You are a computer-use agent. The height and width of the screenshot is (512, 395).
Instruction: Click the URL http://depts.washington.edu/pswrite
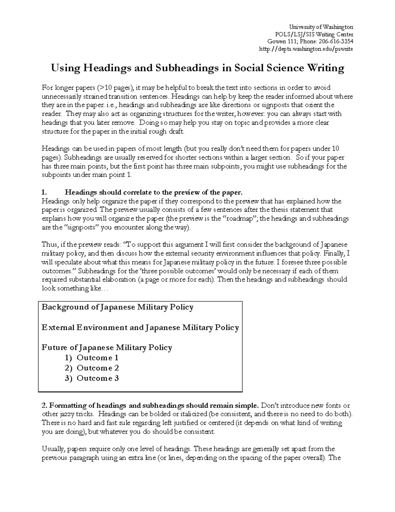[x=306, y=49]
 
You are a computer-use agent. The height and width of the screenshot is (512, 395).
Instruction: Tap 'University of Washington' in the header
[x=321, y=27]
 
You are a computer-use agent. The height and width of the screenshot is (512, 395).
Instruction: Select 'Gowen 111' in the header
[x=279, y=42]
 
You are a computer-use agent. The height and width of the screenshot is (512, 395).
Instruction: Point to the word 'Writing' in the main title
[x=326, y=69]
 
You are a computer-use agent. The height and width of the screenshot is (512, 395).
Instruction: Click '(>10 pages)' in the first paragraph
[x=116, y=88]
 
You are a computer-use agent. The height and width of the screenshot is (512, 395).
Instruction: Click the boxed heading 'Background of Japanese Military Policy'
[x=118, y=307]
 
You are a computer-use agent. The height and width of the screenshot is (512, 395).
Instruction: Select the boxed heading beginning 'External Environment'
[x=140, y=328]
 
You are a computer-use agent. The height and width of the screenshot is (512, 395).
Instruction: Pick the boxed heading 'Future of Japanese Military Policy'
[x=107, y=347]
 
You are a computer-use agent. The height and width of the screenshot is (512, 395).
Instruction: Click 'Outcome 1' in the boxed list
[x=97, y=358]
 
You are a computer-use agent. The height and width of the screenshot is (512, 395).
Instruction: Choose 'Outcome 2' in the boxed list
[x=97, y=368]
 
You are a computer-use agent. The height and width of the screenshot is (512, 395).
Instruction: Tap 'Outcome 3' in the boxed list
[x=97, y=378]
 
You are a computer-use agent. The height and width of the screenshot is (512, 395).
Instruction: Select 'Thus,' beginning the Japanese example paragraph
[x=49, y=245]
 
